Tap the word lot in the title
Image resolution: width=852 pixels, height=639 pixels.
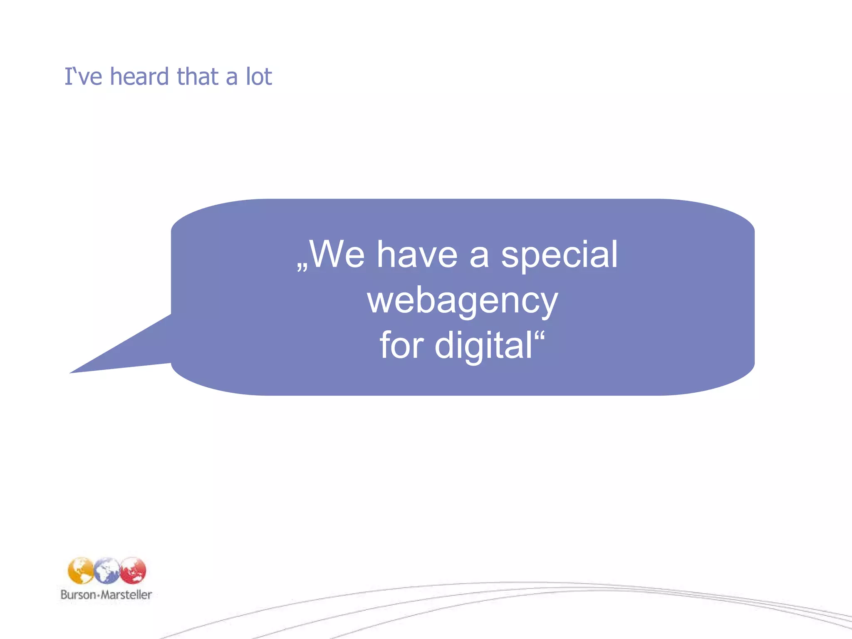coord(259,77)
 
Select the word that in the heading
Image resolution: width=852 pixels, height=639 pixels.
coord(198,77)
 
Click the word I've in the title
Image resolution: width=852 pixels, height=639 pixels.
coord(83,77)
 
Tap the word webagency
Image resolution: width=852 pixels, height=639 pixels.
coord(462,302)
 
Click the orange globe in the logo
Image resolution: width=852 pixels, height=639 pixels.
coord(81,570)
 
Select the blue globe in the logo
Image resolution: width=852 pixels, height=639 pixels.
coord(107,570)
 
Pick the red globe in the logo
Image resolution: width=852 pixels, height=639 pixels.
coord(133,570)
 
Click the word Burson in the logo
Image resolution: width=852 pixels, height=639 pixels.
coord(78,594)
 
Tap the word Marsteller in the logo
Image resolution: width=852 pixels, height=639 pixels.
coord(126,594)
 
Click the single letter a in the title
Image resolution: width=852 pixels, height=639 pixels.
coord(232,78)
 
